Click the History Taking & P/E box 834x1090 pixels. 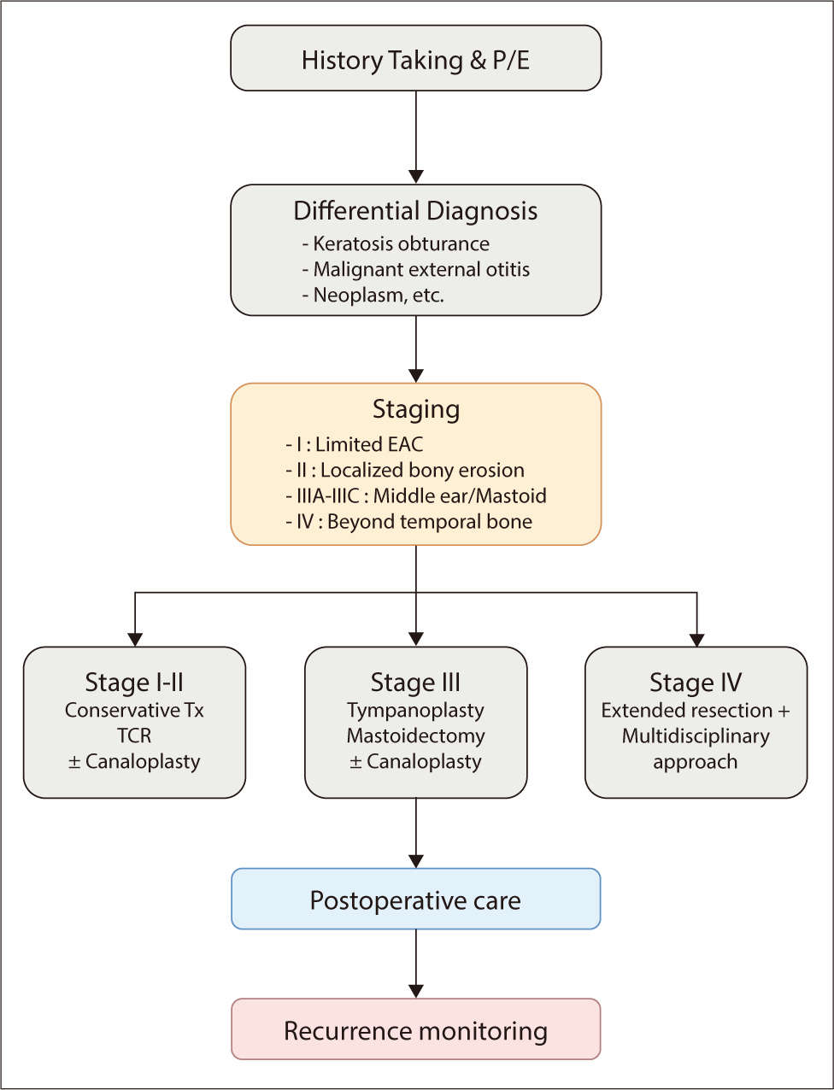[x=416, y=59]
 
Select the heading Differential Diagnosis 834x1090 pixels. [x=416, y=211]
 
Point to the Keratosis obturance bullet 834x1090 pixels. [x=396, y=244]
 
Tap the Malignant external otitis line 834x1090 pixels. [x=415, y=270]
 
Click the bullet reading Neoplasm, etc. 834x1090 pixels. [x=373, y=296]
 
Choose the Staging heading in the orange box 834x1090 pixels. [x=416, y=409]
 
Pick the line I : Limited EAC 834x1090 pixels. [x=355, y=444]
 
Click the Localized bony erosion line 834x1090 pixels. [x=405, y=470]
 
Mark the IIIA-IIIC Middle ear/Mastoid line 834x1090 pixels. [x=416, y=495]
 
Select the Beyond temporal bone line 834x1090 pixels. [x=409, y=521]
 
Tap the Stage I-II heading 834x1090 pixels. [x=134, y=683]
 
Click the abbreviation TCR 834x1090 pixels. [x=134, y=735]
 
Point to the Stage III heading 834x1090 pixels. [x=415, y=683]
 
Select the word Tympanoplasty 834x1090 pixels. [x=415, y=710]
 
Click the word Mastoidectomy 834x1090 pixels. [x=415, y=735]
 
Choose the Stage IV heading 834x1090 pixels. [x=696, y=683]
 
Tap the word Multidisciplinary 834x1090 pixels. [x=696, y=735]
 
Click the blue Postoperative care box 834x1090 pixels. [x=416, y=900]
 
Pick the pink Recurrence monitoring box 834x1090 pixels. [x=416, y=1030]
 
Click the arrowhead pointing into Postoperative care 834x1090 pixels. [x=416, y=861]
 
